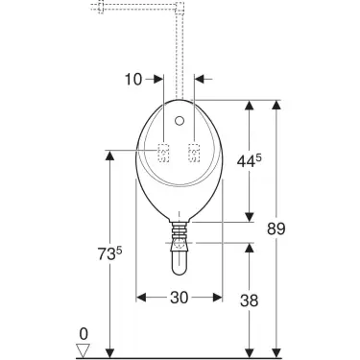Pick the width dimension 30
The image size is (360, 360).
179,298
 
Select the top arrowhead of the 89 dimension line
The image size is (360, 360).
278,102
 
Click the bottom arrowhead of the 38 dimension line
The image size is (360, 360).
252,349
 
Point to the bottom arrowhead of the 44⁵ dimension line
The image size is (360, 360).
252,216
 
